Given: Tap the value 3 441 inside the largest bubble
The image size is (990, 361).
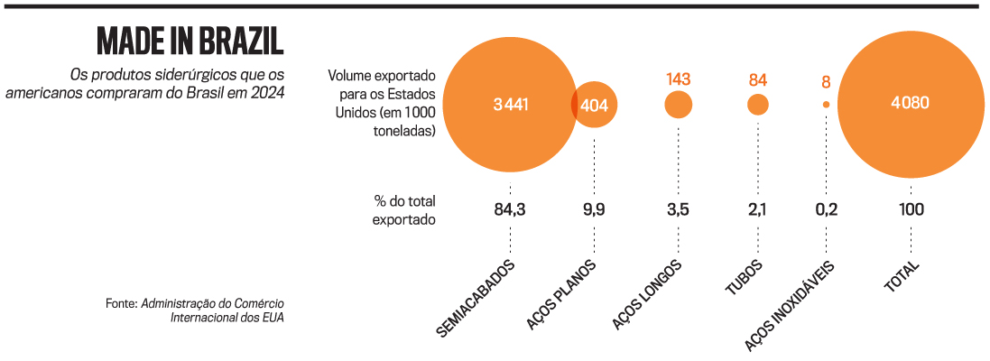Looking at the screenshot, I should [510, 105].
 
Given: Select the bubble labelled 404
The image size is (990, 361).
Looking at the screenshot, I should [596, 105].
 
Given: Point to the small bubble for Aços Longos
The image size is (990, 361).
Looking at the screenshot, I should [679, 105].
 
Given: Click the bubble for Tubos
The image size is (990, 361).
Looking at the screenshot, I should [758, 105].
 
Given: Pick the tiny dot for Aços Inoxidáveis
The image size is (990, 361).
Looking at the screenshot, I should [826, 105].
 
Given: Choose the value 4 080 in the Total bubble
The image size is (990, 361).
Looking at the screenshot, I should [910, 103].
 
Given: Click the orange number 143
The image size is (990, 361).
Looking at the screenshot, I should [679, 79].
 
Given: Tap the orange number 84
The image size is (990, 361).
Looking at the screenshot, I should [758, 80].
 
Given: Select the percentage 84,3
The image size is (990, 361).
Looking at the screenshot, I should [510, 209].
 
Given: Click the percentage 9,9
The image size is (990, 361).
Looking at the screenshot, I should [595, 209].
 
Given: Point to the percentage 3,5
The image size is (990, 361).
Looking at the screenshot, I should [679, 209].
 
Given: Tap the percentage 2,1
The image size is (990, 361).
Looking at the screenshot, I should [758, 209].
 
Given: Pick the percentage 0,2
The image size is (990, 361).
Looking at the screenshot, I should [826, 209].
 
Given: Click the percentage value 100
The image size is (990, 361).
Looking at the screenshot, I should [910, 209].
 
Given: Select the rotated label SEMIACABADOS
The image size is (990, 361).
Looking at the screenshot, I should [476, 299].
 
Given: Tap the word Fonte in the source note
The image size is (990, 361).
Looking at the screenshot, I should [121, 304].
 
